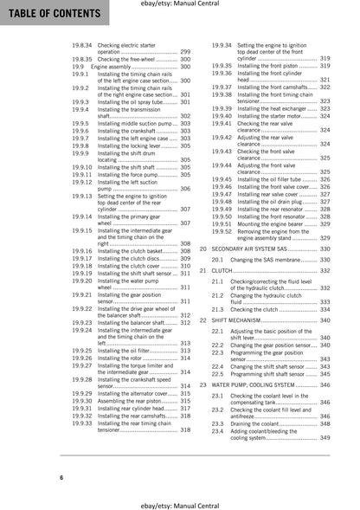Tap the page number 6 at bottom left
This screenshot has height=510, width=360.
[x=61, y=477]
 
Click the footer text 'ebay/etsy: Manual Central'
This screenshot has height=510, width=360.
[x=179, y=500]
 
